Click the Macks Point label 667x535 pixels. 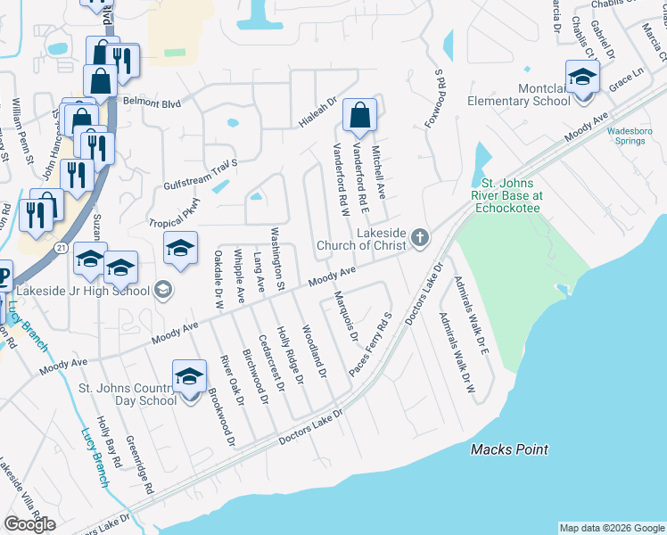coord(509,450)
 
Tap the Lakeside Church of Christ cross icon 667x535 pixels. coord(420,238)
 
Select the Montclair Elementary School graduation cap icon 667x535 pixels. coord(582,78)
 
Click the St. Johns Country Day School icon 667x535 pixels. coord(189,379)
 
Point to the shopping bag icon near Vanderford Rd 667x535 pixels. coord(358,116)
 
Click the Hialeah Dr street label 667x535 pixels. coord(318,112)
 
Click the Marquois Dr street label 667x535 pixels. coord(345,317)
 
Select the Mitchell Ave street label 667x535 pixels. coord(377,172)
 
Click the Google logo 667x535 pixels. coord(29,524)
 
